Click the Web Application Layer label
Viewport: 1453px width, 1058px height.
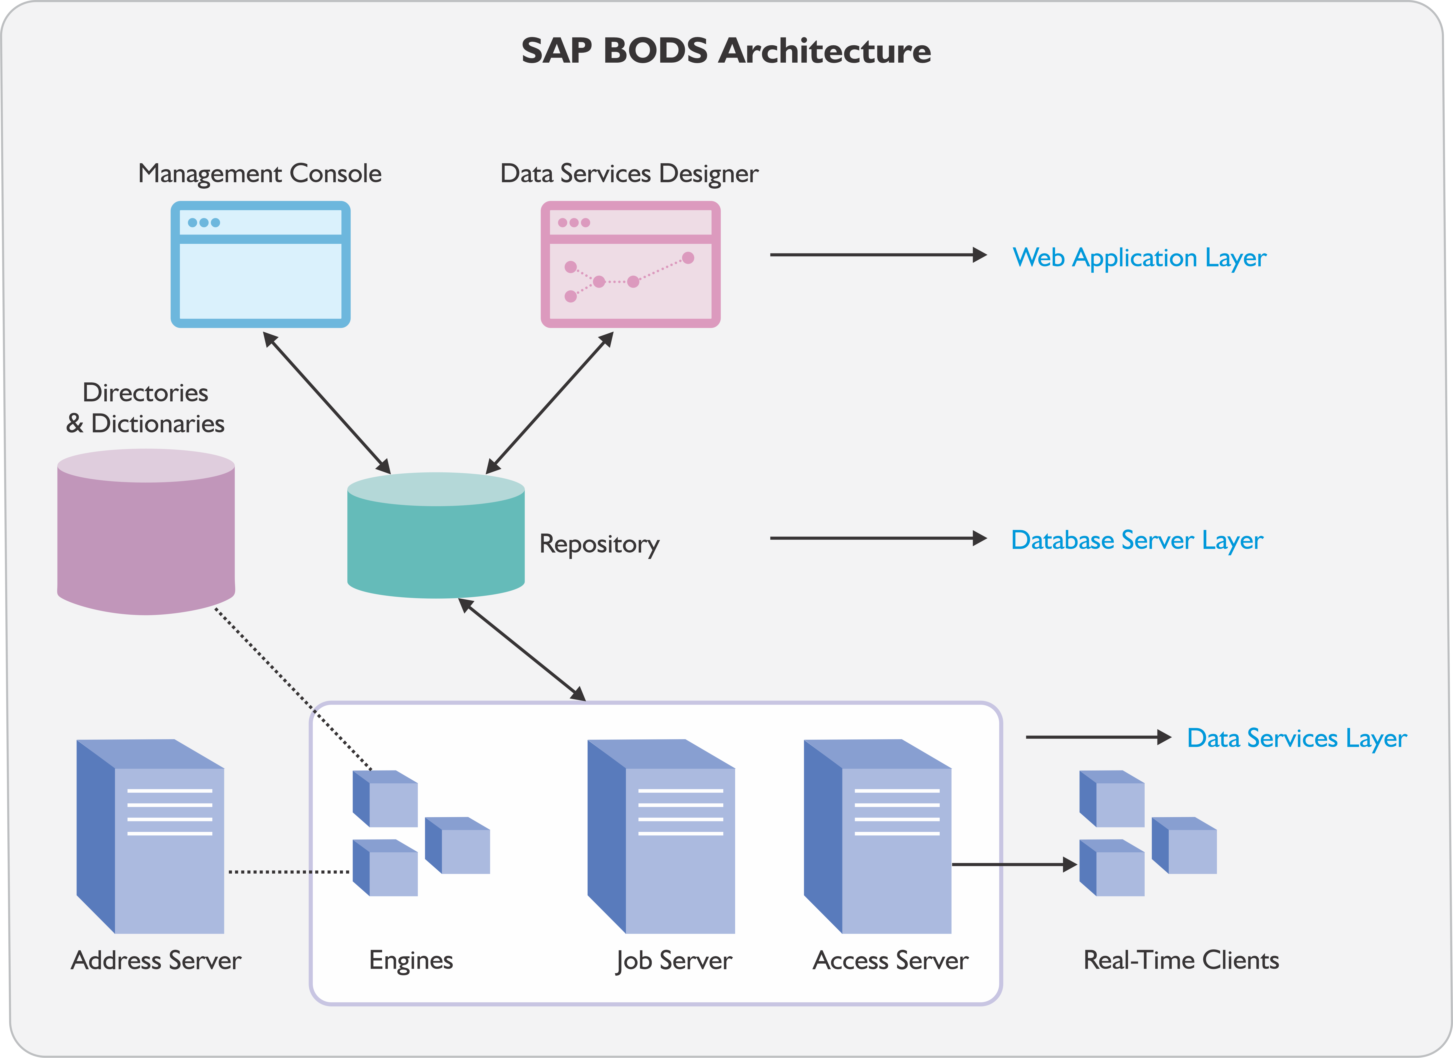click(1139, 257)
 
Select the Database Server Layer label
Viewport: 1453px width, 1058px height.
click(1136, 540)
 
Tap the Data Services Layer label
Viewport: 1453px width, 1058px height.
click(1297, 738)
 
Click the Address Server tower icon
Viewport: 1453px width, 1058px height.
click(150, 836)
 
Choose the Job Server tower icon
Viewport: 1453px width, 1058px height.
click(661, 836)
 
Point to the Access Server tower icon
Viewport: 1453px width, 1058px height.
click(878, 836)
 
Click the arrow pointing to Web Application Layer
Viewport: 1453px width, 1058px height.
click(878, 255)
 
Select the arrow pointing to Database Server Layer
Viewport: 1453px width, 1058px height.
click(878, 538)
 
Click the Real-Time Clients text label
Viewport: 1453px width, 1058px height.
click(1181, 960)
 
